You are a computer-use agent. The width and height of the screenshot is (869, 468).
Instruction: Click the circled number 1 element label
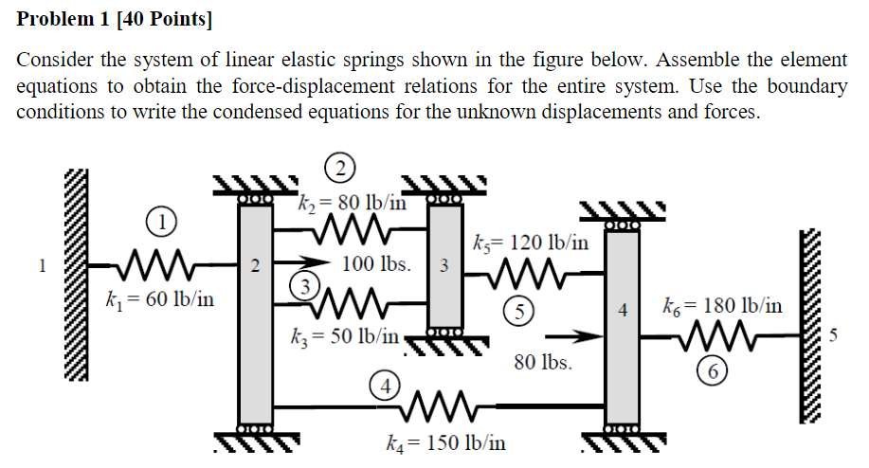point(164,224)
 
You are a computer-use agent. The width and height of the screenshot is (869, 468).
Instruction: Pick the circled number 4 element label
point(383,387)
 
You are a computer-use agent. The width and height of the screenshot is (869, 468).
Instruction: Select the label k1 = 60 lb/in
point(158,300)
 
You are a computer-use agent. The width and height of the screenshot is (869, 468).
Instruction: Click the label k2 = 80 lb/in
point(352,203)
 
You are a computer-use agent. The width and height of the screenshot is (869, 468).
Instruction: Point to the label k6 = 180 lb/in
point(723,305)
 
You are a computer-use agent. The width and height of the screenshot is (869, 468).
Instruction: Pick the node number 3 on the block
point(444,264)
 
